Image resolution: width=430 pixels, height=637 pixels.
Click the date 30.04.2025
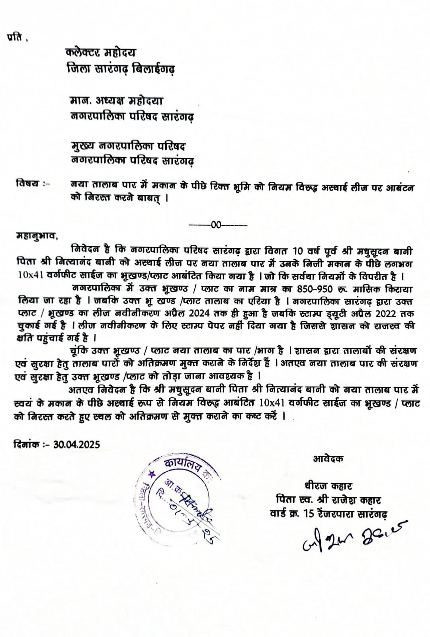pyautogui.click(x=78, y=444)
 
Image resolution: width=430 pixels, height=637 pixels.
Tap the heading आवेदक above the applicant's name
pyautogui.click(x=328, y=459)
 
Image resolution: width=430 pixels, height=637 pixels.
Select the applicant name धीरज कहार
pyautogui.click(x=327, y=486)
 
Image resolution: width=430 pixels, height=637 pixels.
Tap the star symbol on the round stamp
pyautogui.click(x=151, y=474)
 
